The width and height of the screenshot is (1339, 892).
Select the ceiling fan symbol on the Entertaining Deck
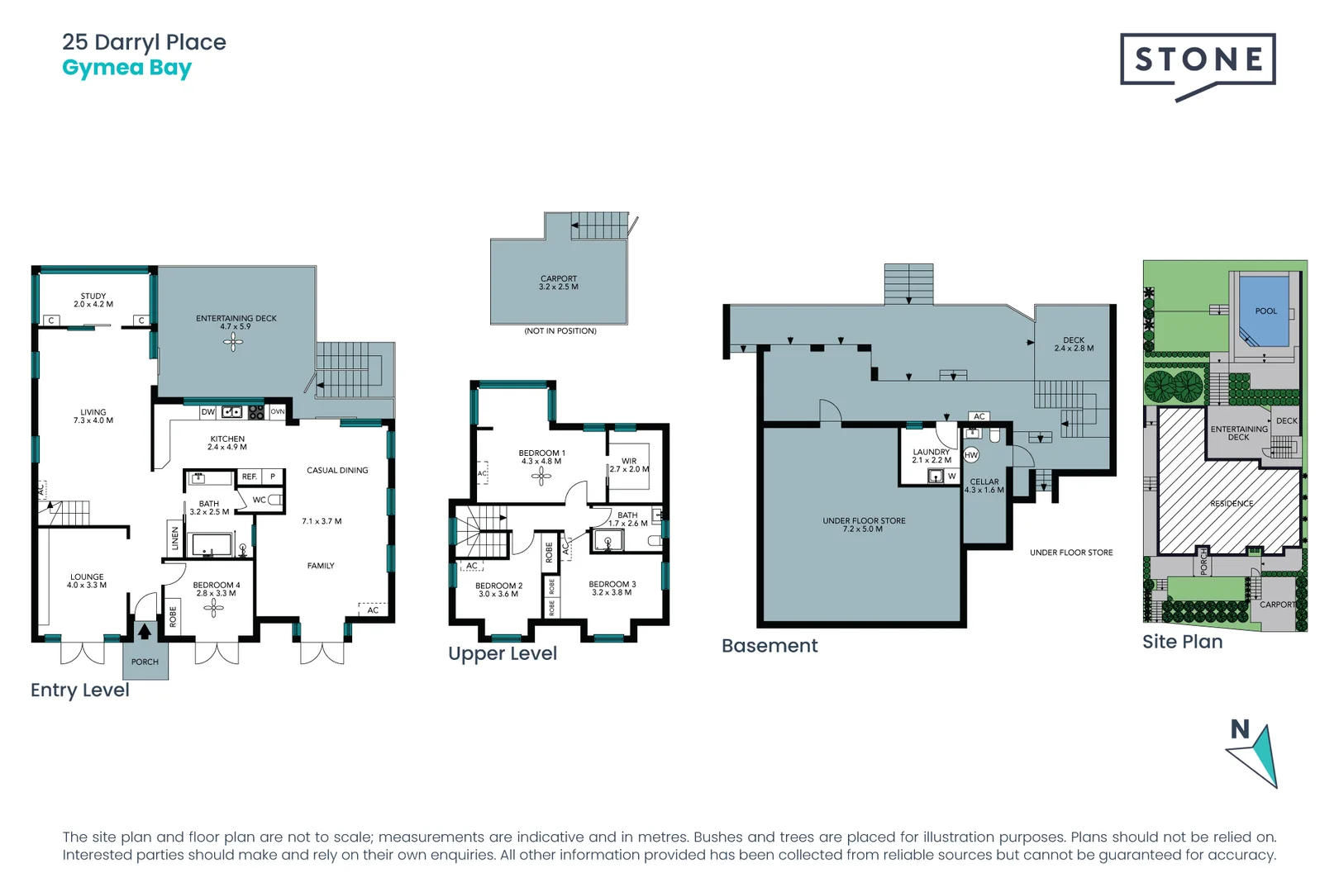point(233,343)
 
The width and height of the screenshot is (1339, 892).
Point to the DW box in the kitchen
point(208,411)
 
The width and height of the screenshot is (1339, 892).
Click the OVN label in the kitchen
point(277,411)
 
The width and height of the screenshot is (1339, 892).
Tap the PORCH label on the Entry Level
point(145,662)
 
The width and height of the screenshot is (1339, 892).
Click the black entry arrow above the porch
point(145,632)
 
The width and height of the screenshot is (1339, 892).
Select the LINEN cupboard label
point(175,539)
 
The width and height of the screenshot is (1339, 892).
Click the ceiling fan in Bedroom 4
point(214,608)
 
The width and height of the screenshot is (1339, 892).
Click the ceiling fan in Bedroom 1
point(541,476)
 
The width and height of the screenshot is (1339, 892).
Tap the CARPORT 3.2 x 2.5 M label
point(559,282)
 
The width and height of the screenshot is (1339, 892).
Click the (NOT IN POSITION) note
point(560,331)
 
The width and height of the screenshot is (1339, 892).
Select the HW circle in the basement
point(971,455)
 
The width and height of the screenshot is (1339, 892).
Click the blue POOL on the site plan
point(1265,311)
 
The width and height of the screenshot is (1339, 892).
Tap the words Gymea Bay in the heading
point(126,68)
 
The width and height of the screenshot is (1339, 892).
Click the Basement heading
point(770,646)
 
